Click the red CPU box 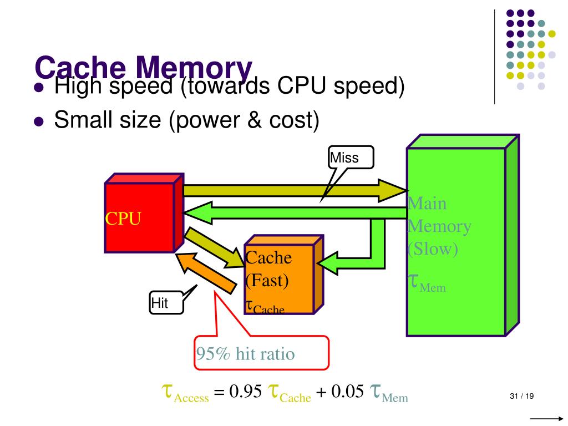point(139,219)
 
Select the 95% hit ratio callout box point(261,353)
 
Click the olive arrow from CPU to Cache point(211,247)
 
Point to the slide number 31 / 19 point(521,396)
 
